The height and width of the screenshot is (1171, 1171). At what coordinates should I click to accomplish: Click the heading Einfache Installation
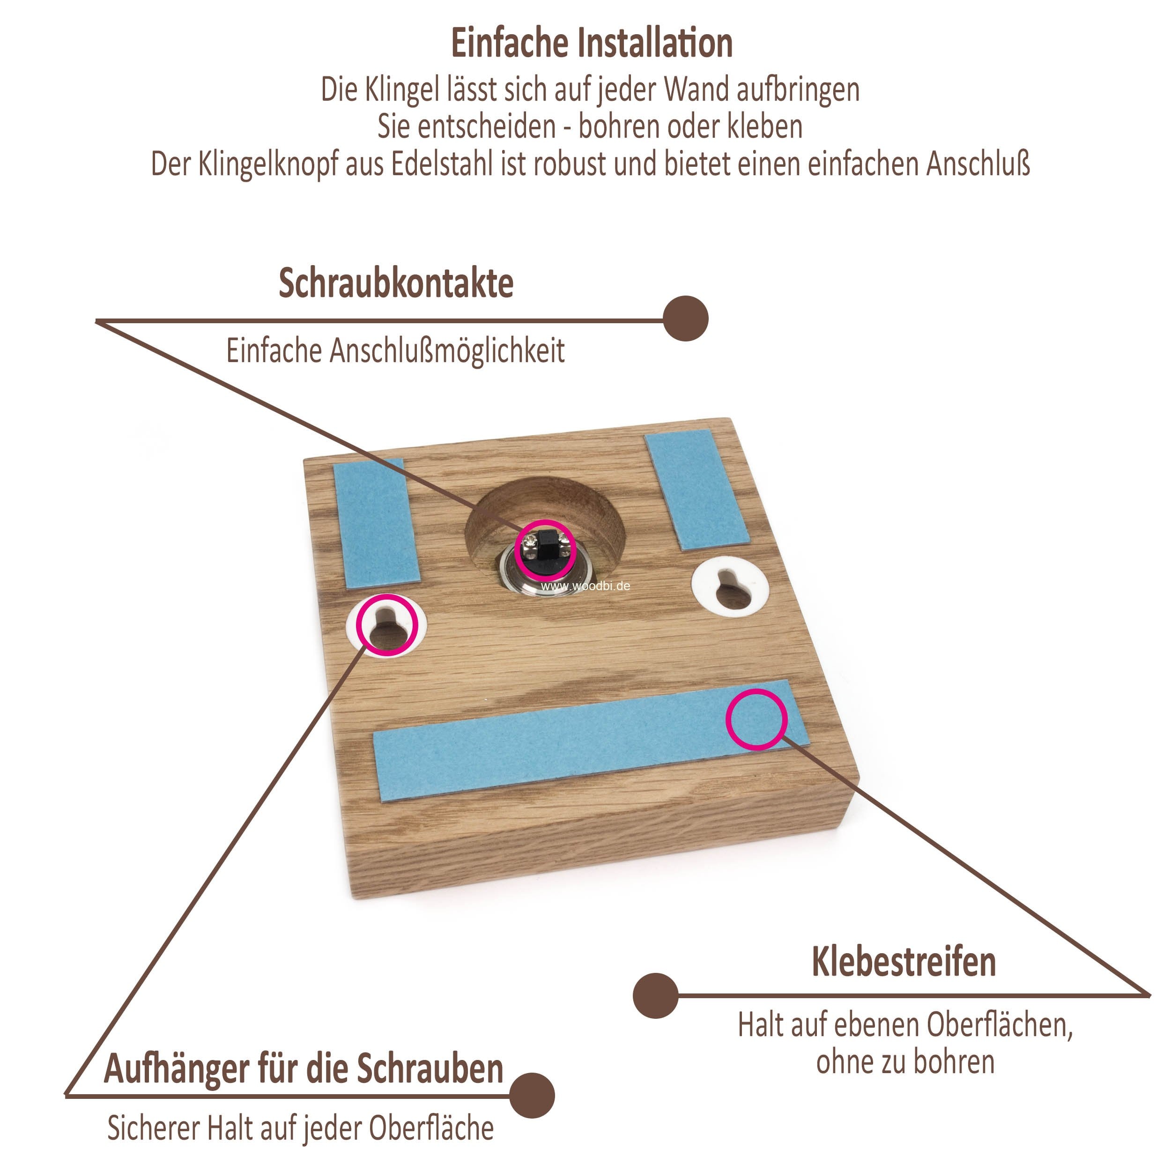click(592, 44)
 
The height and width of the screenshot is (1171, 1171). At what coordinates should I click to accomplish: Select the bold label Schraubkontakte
click(396, 283)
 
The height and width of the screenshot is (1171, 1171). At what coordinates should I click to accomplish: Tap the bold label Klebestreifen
click(904, 962)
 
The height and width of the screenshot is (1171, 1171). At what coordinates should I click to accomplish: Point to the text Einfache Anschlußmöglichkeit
click(395, 351)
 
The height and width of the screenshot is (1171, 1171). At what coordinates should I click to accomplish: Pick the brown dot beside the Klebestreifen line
click(656, 996)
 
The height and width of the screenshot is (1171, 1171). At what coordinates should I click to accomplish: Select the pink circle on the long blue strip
click(756, 719)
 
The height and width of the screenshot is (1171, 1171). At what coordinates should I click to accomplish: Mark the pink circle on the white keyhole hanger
click(387, 625)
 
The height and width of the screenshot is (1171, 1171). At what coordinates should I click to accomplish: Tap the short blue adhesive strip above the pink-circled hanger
click(376, 522)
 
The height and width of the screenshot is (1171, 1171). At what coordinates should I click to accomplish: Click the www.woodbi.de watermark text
click(585, 586)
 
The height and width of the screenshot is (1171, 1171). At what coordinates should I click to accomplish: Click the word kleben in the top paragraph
click(764, 126)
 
